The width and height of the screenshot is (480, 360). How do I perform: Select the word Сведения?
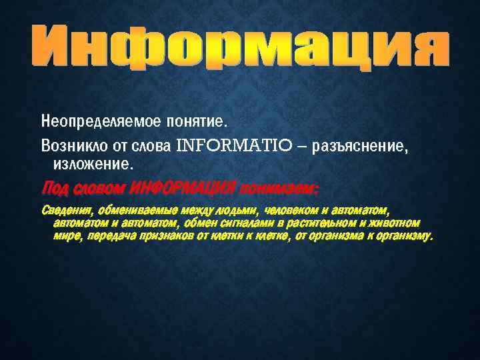point(66,210)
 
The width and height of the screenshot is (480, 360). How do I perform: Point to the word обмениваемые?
point(138,210)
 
